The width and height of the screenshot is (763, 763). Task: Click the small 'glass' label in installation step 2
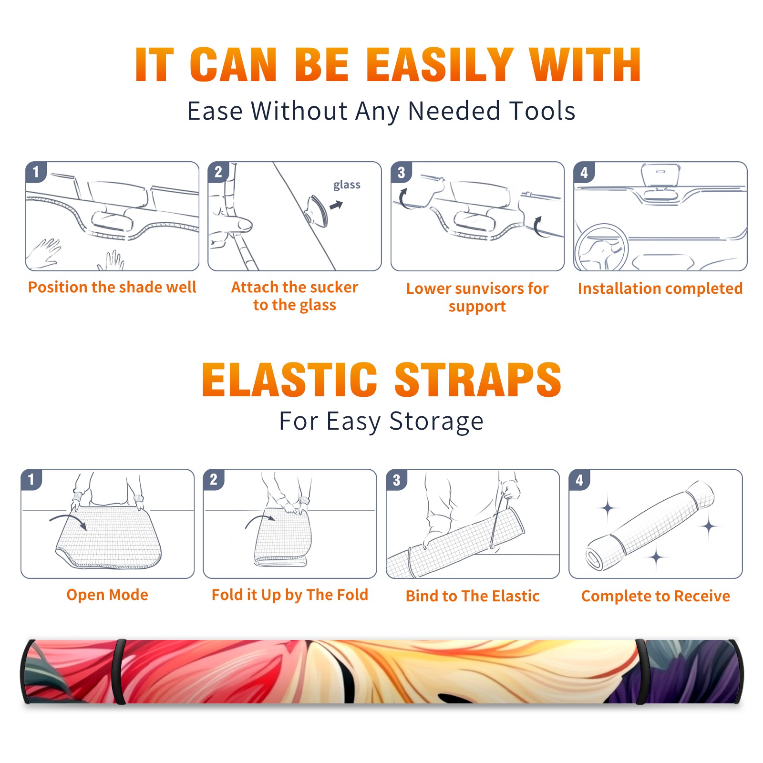(347, 185)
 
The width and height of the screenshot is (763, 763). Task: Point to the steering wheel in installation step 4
(601, 248)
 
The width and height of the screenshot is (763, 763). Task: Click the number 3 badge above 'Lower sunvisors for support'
(401, 173)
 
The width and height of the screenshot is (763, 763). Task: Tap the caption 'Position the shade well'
(112, 287)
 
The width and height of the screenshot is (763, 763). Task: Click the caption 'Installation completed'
(660, 289)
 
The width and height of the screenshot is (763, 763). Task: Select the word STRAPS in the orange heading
(478, 380)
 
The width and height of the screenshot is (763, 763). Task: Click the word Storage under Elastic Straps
(436, 422)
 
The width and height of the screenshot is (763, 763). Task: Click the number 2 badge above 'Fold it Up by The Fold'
(214, 480)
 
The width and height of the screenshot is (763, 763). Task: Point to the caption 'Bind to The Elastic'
(472, 596)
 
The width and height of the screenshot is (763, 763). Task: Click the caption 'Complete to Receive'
(656, 596)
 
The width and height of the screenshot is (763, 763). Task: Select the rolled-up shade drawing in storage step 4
(650, 526)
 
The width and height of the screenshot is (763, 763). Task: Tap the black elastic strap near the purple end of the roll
(641, 672)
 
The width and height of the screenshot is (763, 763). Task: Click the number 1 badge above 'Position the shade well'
(36, 172)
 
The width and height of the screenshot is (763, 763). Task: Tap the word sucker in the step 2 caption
(334, 287)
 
